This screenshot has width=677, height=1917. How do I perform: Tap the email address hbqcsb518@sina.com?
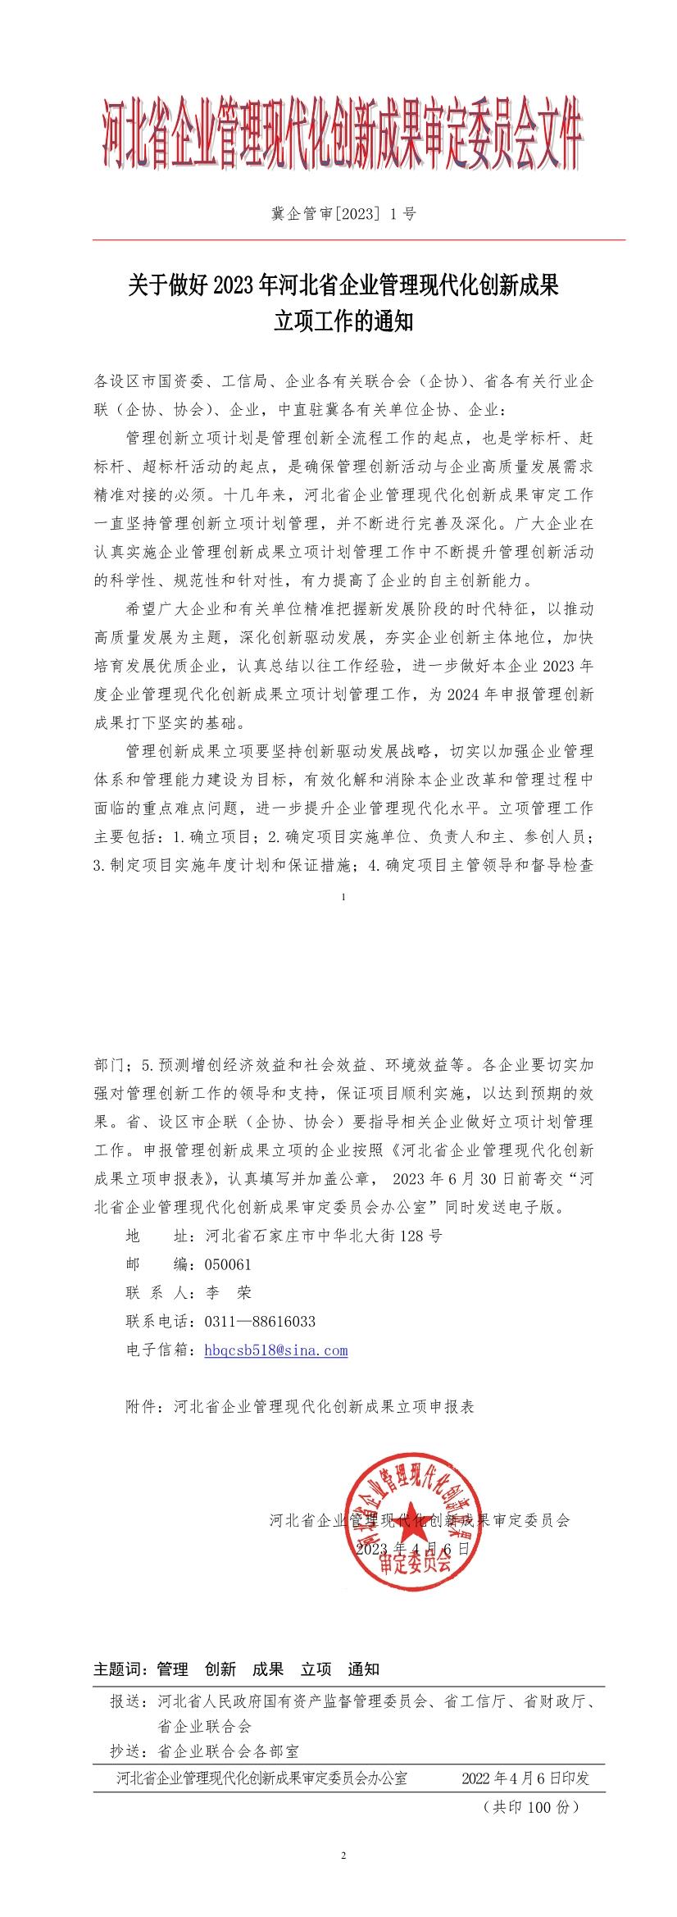pos(276,1350)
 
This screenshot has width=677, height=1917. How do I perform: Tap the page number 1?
pos(343,897)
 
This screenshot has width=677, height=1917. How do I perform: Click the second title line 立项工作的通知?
pos(343,322)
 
